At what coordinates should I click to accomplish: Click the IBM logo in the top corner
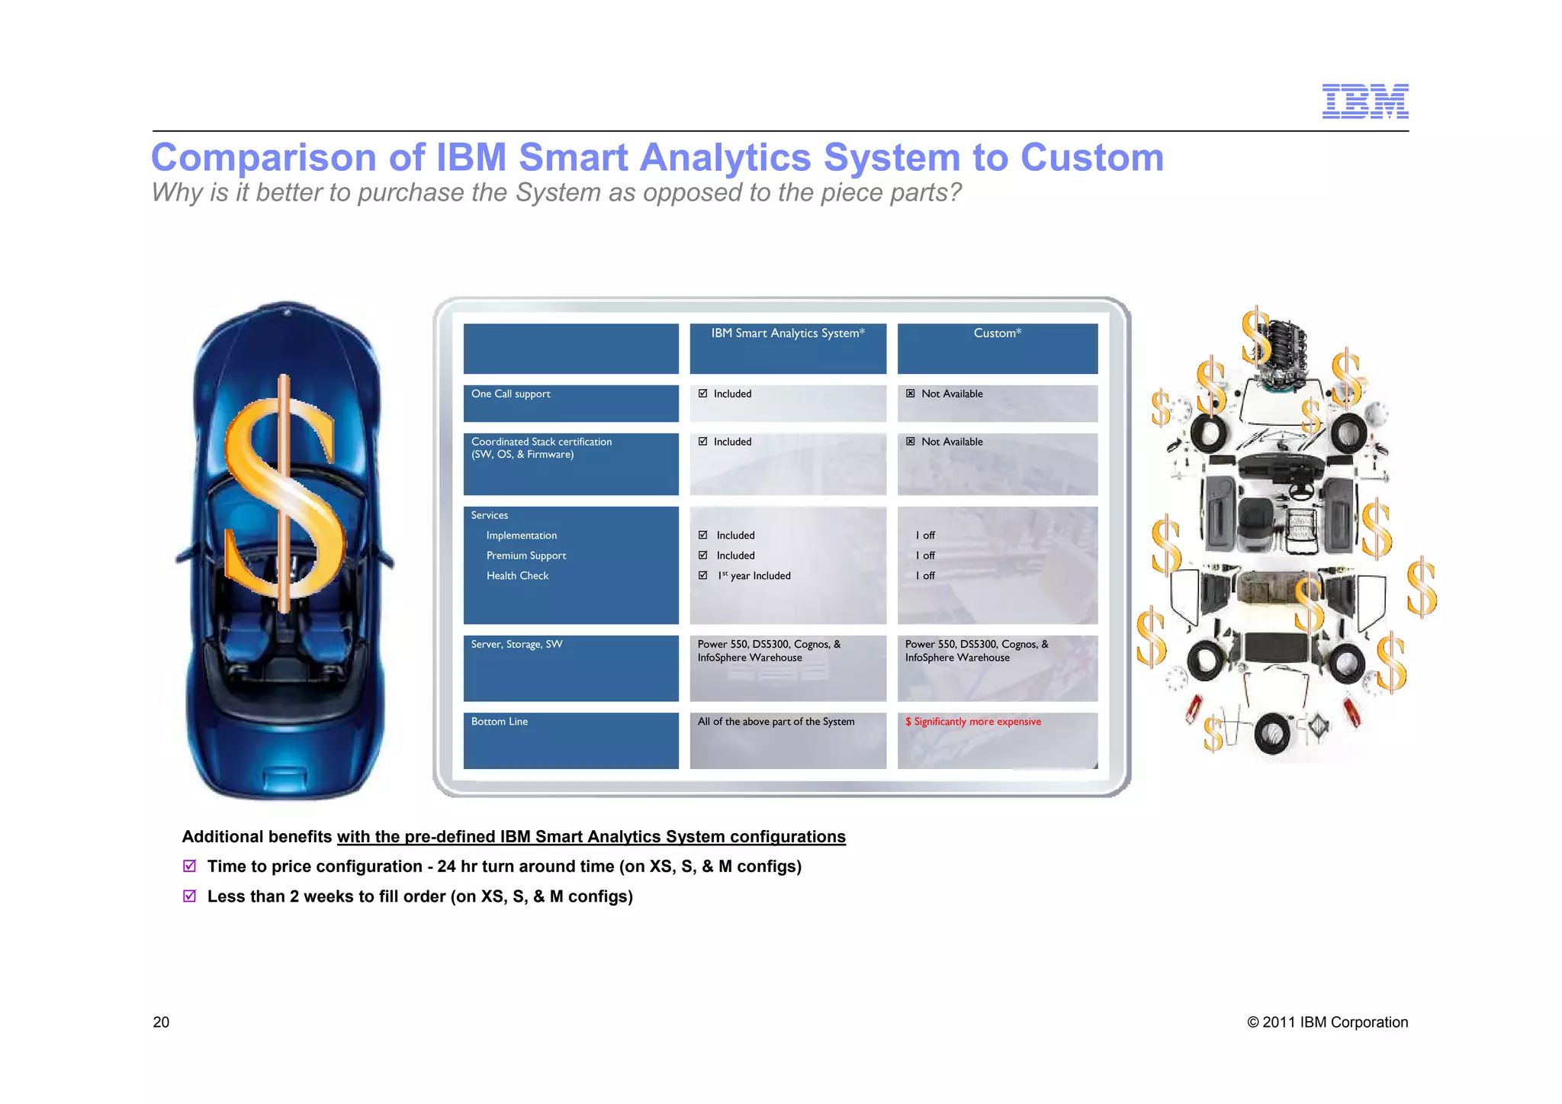click(x=1364, y=101)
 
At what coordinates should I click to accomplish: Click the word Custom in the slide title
click(x=1091, y=158)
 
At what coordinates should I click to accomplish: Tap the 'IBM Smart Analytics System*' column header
click(x=787, y=333)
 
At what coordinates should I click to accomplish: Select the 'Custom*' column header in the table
click(x=997, y=333)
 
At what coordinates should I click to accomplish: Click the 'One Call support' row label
click(x=510, y=394)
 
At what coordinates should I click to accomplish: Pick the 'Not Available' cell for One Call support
click(x=951, y=394)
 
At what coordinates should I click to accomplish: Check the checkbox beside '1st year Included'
click(x=702, y=575)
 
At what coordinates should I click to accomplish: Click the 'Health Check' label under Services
click(x=517, y=576)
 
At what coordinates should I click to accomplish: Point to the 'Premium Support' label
click(x=525, y=556)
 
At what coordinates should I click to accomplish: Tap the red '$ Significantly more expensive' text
click(x=972, y=722)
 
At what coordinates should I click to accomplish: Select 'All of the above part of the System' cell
click(x=776, y=722)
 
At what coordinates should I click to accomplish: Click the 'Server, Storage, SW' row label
click(x=516, y=645)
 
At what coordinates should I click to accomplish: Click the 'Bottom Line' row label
click(x=499, y=722)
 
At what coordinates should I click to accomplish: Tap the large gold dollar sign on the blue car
click(x=284, y=496)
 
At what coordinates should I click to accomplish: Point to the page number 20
click(x=161, y=1022)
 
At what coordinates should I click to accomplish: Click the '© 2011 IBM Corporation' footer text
click(x=1327, y=1022)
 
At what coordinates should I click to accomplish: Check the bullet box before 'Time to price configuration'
click(x=190, y=866)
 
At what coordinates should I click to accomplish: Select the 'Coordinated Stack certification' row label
click(x=541, y=443)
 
